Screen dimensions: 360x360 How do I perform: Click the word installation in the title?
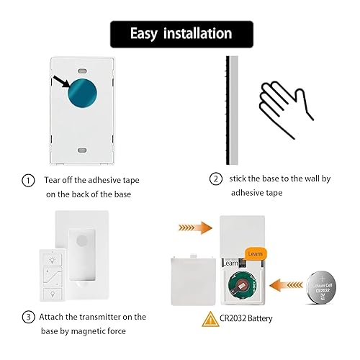tap(198, 34)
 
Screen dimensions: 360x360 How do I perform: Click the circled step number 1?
tap(27, 181)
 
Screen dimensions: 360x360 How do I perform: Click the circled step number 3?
tap(27, 317)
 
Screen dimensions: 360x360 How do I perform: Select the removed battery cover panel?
tap(191, 283)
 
